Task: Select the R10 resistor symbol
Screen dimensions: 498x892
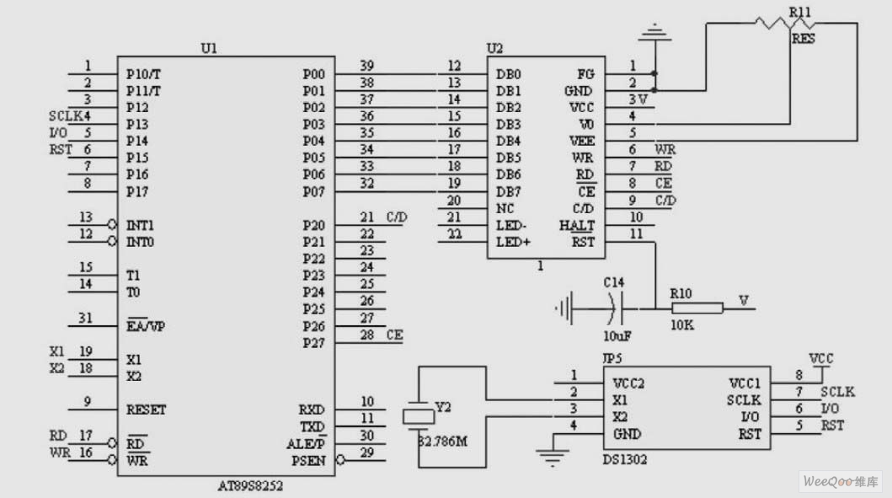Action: tap(698, 309)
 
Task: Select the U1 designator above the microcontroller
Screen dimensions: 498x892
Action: tap(209, 49)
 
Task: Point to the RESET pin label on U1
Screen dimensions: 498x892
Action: tap(146, 410)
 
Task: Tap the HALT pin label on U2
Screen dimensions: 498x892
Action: tap(577, 225)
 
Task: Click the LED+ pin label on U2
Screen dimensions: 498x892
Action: tap(511, 242)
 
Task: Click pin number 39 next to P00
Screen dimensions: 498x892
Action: tap(366, 66)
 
